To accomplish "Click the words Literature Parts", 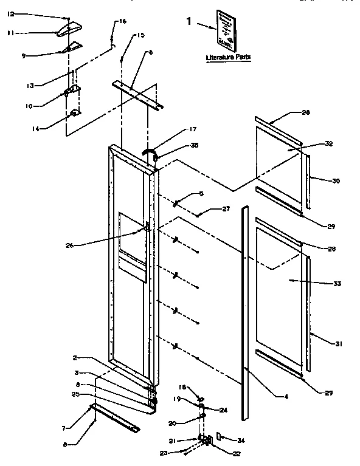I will (228, 57).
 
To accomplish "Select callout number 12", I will (10, 13).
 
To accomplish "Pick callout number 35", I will (194, 146).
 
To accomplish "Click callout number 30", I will (334, 180).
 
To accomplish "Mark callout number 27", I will (226, 209).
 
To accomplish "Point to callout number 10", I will (29, 105).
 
